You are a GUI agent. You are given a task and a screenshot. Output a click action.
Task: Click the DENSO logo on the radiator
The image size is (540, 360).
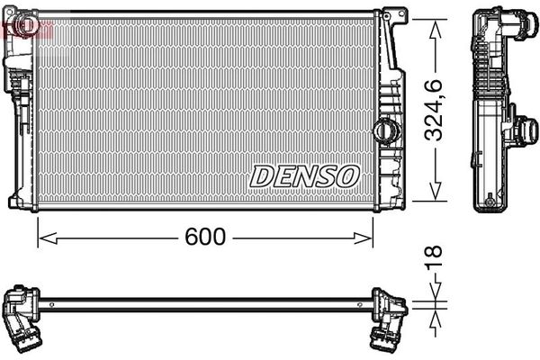[x=303, y=175]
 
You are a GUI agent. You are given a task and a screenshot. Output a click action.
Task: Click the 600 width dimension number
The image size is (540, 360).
[x=204, y=238]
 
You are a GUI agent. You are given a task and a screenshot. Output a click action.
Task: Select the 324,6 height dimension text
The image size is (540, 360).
[x=436, y=112]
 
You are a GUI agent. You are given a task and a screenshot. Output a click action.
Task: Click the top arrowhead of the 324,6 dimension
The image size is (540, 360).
[x=436, y=25]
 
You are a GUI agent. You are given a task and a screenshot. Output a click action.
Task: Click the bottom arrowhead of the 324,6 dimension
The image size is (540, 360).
[x=436, y=196]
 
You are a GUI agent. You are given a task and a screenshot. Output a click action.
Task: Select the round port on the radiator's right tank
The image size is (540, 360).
[x=385, y=128]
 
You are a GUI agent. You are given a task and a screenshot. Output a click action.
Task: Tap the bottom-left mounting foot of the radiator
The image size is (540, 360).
[x=16, y=199]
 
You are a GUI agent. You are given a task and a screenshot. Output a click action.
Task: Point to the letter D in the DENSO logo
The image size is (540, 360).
[x=261, y=175]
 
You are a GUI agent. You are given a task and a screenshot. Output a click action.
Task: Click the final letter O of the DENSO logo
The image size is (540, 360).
[x=347, y=175]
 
